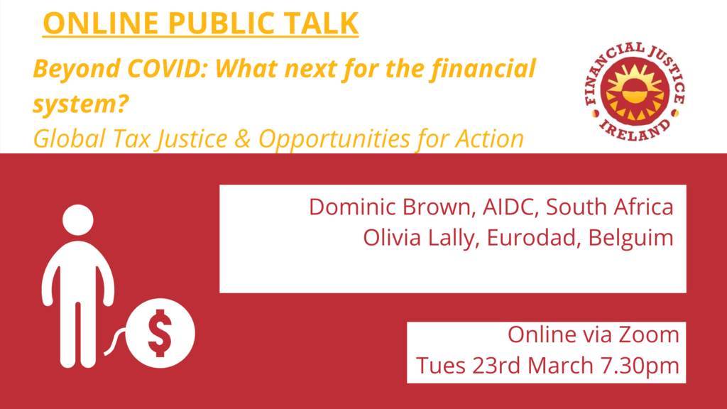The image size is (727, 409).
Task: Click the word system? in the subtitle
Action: tap(80, 104)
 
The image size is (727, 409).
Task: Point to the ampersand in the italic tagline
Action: tap(243, 138)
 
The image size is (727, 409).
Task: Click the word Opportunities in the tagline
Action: tap(334, 139)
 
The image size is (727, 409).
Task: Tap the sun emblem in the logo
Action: tap(635, 92)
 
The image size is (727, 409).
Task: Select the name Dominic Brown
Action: tap(392, 207)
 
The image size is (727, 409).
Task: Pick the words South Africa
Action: tap(610, 207)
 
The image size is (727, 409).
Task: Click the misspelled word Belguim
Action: tap(630, 238)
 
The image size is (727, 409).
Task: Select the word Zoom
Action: tap(649, 334)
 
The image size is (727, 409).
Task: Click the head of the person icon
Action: tap(78, 220)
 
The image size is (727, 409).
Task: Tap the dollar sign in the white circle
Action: tap(160, 333)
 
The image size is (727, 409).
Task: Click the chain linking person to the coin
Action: tap(114, 342)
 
